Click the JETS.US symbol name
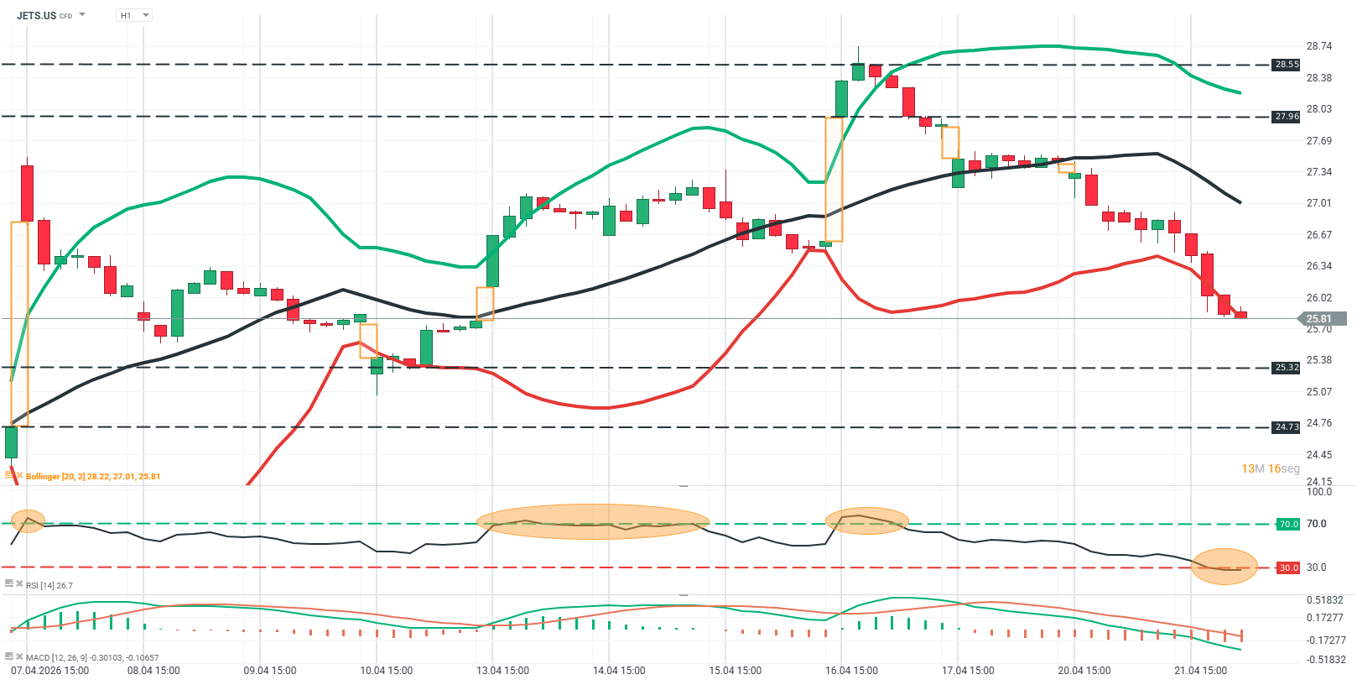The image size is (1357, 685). tap(36, 15)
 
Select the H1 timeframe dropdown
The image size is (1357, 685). tap(133, 15)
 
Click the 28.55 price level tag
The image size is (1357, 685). tap(1286, 65)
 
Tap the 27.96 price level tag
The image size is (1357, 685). tap(1286, 117)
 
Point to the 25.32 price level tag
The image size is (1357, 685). tap(1286, 368)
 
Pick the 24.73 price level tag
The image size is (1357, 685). tap(1286, 427)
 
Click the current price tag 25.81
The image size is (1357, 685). tap(1319, 319)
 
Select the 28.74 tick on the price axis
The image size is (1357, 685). tap(1319, 46)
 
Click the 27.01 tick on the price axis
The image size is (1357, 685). tap(1319, 203)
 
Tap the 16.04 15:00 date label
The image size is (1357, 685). tap(851, 671)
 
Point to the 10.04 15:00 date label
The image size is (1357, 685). tap(386, 671)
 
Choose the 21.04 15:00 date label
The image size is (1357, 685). tap(1200, 671)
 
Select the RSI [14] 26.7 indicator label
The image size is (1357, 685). tap(49, 585)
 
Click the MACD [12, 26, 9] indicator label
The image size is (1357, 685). tap(91, 657)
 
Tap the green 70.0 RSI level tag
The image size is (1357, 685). tap(1287, 524)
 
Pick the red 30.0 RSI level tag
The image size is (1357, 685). tap(1287, 568)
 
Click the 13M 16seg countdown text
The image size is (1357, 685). tap(1270, 468)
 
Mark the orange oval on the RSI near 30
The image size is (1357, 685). tap(1224, 567)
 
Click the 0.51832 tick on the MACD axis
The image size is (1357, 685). tap(1324, 600)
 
